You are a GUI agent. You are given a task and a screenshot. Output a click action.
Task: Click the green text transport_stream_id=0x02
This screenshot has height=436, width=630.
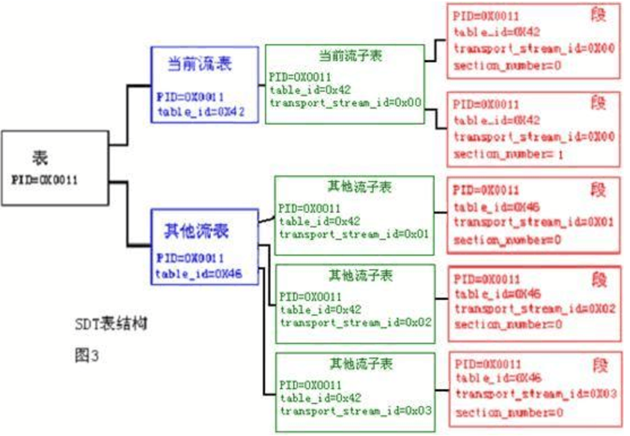click(x=355, y=322)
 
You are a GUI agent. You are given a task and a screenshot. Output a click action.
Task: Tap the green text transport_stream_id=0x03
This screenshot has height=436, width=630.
click(x=355, y=411)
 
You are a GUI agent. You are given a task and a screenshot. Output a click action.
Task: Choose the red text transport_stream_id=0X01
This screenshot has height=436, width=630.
click(x=534, y=223)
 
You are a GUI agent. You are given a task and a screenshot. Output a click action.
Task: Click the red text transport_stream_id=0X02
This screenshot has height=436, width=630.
click(x=534, y=308)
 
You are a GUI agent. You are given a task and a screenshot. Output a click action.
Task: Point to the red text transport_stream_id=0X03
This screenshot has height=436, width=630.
click(x=534, y=394)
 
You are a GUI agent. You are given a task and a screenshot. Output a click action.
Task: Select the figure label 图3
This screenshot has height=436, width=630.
click(x=87, y=356)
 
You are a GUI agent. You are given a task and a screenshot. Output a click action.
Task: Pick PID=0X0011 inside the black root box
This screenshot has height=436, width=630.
click(x=45, y=180)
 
